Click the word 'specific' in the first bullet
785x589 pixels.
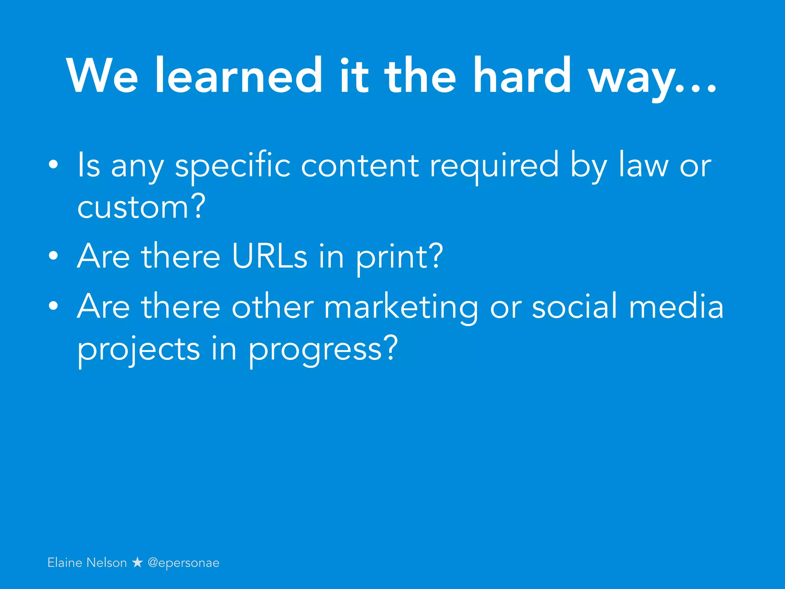pyautogui.click(x=233, y=166)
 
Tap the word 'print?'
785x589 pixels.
pyautogui.click(x=400, y=257)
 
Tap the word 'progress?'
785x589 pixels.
pyautogui.click(x=323, y=350)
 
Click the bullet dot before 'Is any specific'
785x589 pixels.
pyautogui.click(x=54, y=165)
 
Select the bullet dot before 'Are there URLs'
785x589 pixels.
pyautogui.click(x=54, y=256)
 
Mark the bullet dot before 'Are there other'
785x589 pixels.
pyautogui.click(x=54, y=306)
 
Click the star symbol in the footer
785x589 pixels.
pyautogui.click(x=137, y=563)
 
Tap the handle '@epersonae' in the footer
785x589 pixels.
pyautogui.click(x=184, y=563)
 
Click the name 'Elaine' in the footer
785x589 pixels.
pyautogui.click(x=65, y=563)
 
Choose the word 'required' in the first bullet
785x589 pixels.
pyautogui.click(x=494, y=166)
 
